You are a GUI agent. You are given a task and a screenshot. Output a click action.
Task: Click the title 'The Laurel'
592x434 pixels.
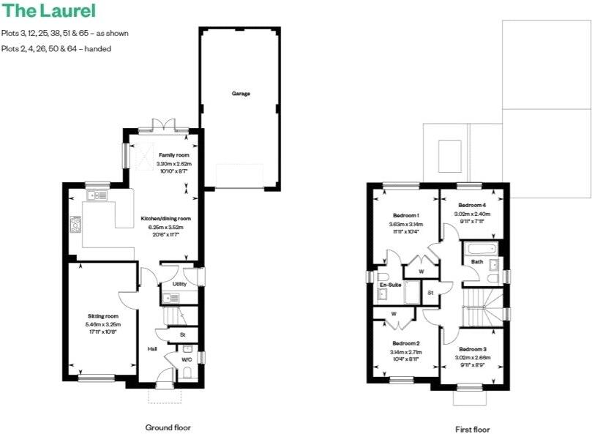(x=48, y=11)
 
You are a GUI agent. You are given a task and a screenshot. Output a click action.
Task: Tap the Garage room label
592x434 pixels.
(x=241, y=94)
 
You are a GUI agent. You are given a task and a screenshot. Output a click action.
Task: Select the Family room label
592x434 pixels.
(x=174, y=156)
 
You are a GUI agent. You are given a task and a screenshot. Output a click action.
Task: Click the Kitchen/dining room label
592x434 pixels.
(x=165, y=218)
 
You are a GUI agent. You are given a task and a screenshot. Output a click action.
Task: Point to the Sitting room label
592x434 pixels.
(x=102, y=316)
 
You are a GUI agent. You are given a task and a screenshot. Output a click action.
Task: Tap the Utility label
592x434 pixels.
(x=179, y=283)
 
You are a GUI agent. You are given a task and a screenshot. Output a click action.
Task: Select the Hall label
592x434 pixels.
(x=152, y=349)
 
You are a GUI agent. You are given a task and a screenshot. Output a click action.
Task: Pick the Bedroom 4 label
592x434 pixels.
(x=471, y=205)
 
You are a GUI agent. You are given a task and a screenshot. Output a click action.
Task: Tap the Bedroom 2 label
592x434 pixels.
(x=405, y=343)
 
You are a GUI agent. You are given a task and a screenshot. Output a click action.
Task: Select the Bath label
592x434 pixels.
(x=477, y=261)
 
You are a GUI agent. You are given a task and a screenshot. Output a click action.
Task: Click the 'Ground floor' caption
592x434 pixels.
(x=169, y=427)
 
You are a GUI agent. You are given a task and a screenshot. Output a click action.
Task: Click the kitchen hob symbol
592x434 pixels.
(x=75, y=224)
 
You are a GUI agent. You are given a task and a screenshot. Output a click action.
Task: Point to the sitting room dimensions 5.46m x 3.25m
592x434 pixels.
(x=102, y=323)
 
